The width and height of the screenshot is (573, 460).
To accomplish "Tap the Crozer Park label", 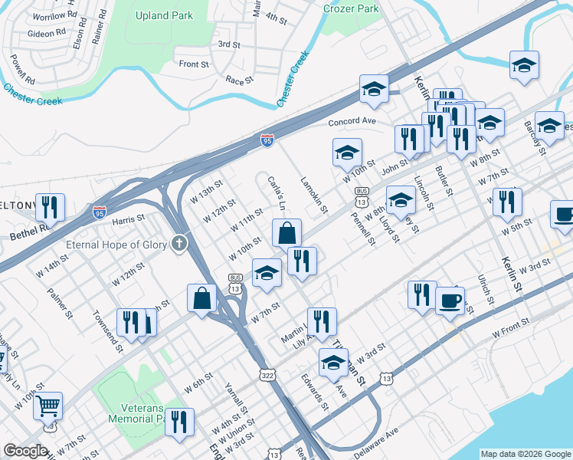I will coord(351,8).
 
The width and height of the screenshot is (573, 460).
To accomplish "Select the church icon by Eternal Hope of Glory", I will coord(179,245).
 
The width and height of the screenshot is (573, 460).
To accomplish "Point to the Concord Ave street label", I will coord(352,122).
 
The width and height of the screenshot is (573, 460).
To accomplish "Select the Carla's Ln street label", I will coord(277,193).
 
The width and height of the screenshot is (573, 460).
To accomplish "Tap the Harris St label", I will coord(128,219).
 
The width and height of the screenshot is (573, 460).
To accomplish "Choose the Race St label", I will coord(240,80).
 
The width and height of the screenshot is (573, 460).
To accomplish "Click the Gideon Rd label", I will coord(46,33).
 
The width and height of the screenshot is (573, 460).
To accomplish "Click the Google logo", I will coord(26,451).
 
